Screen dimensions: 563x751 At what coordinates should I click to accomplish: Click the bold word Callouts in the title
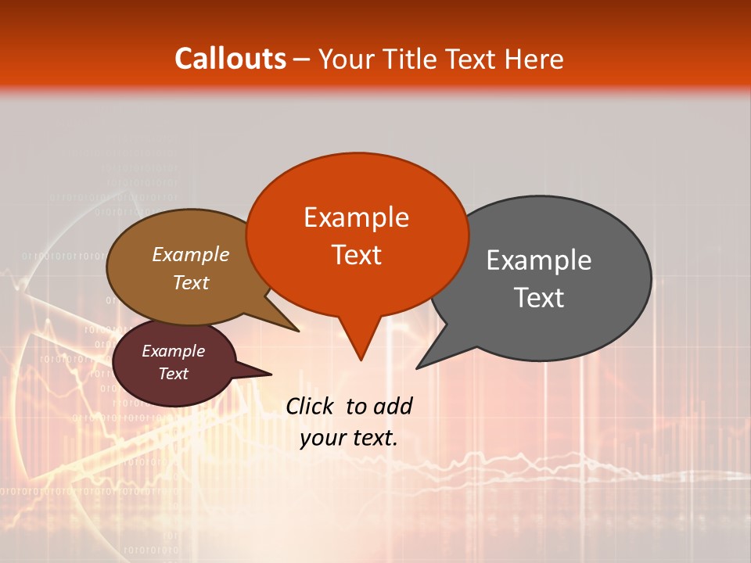coord(230,59)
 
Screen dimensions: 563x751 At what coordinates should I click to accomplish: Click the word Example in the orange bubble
coord(356,217)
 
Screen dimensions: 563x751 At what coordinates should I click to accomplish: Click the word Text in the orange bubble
coord(356,255)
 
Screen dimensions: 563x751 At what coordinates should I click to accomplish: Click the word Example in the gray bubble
coord(539,260)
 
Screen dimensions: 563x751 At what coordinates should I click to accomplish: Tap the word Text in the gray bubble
coord(539,298)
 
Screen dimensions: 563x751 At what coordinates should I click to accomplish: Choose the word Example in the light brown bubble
coord(191,254)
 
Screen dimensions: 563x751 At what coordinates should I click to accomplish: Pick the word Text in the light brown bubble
coord(191,282)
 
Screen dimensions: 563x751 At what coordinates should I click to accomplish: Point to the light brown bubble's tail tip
coord(298,331)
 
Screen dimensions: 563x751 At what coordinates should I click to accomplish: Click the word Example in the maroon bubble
coord(174,351)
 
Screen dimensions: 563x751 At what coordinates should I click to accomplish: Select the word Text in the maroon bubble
coord(174,374)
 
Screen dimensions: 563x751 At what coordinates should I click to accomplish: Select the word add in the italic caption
coord(392,406)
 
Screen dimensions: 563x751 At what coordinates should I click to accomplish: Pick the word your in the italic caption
coord(322,438)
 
